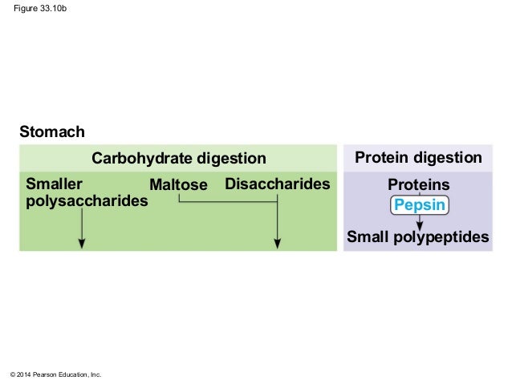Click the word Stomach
52,131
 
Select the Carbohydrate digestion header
178,158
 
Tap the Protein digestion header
418,157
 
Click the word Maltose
178,185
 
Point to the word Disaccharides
278,184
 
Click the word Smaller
55,184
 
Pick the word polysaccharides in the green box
87,200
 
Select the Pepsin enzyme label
419,205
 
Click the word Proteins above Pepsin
419,185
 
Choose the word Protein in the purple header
382,157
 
